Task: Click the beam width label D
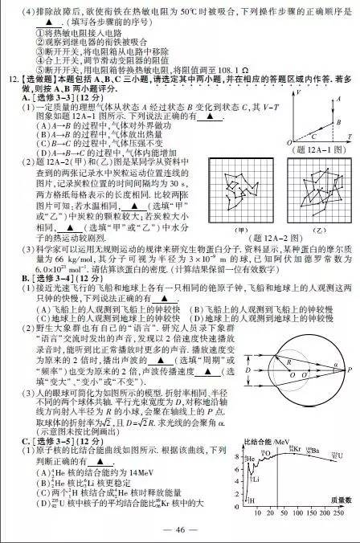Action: click(251, 373)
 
